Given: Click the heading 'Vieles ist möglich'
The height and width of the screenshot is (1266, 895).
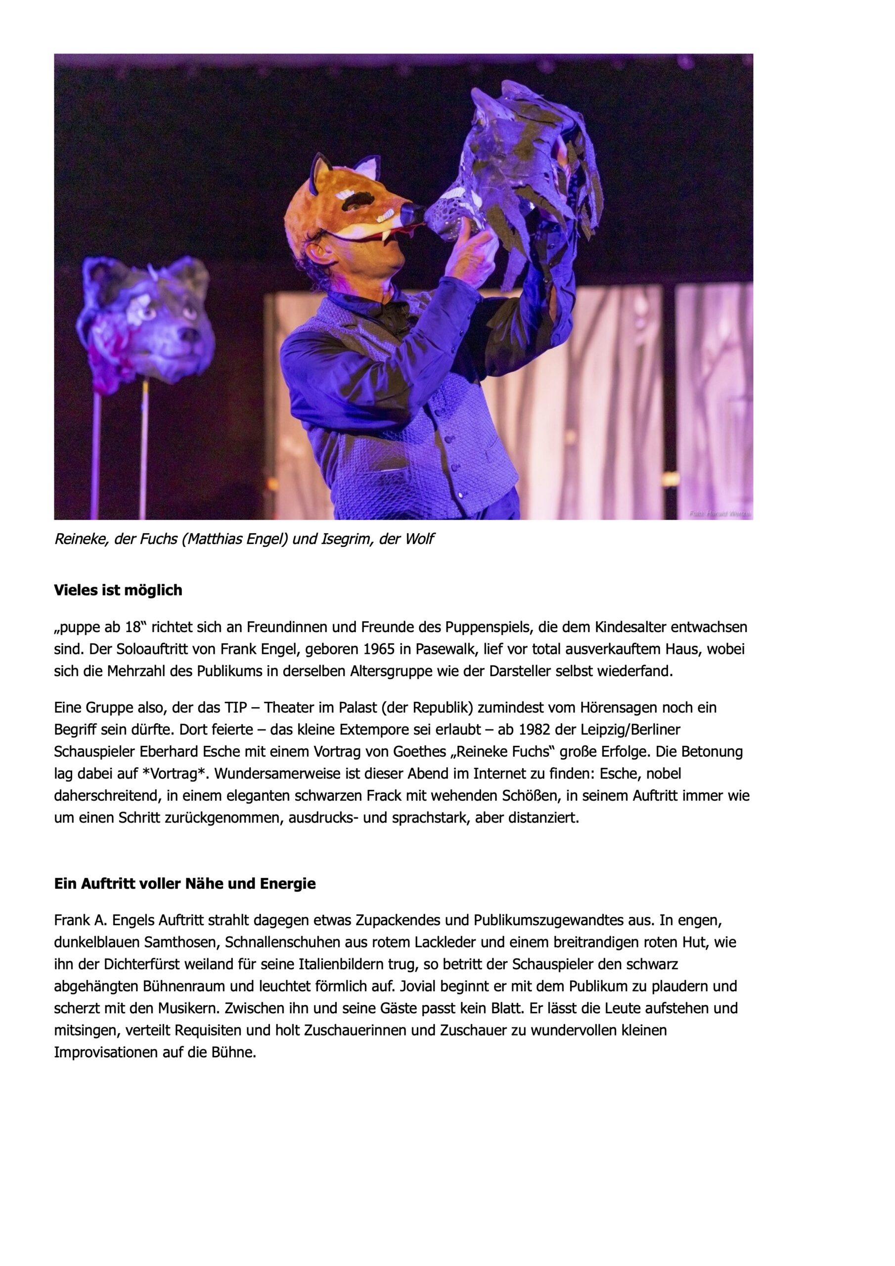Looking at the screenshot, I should [x=118, y=590].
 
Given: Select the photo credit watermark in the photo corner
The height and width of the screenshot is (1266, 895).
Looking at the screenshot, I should [x=718, y=513].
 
